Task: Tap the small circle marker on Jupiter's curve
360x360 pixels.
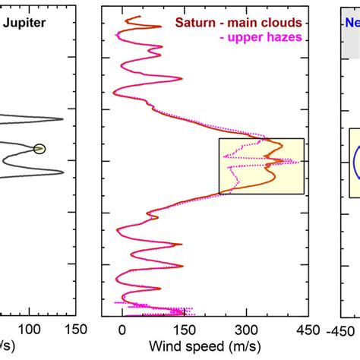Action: [39, 148]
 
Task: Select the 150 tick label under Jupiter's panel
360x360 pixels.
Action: [75, 330]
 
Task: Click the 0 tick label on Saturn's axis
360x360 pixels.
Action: [122, 330]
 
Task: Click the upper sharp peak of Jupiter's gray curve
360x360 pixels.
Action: [63, 118]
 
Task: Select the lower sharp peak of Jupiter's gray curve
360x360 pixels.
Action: [63, 173]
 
